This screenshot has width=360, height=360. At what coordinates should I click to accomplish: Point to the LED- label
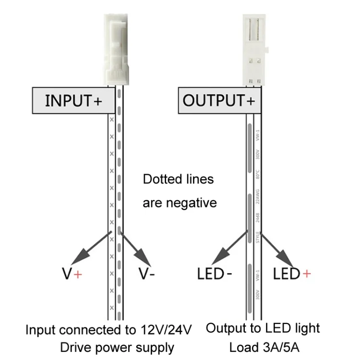[x=215, y=274]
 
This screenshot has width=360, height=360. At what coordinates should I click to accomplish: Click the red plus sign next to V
[x=78, y=274]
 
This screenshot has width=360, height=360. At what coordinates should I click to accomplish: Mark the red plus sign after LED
[x=306, y=274]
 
